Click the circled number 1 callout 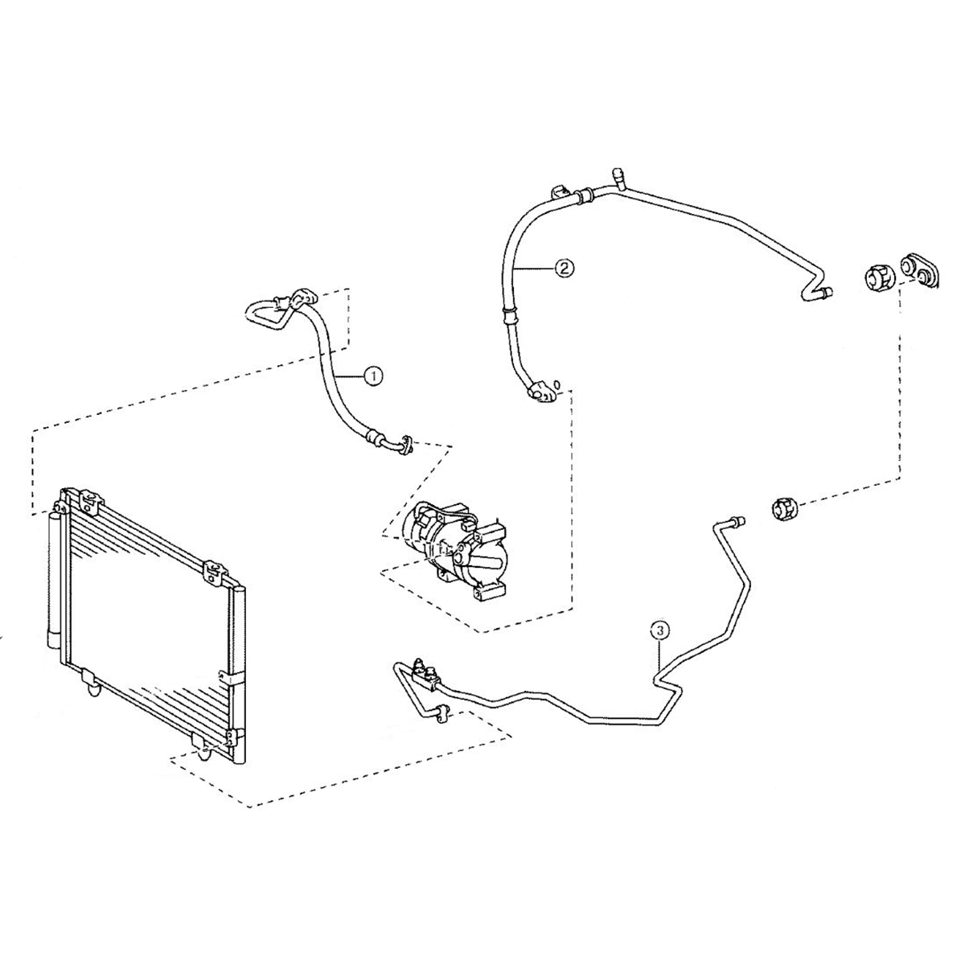pos(373,375)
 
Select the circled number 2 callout pos(564,269)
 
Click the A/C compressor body pos(454,547)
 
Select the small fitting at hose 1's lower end pos(405,444)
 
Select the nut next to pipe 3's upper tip pos(782,509)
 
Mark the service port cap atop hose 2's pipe pos(618,175)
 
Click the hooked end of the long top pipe pos(816,291)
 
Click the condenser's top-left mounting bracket pos(88,500)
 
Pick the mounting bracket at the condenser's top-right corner pos(213,569)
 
